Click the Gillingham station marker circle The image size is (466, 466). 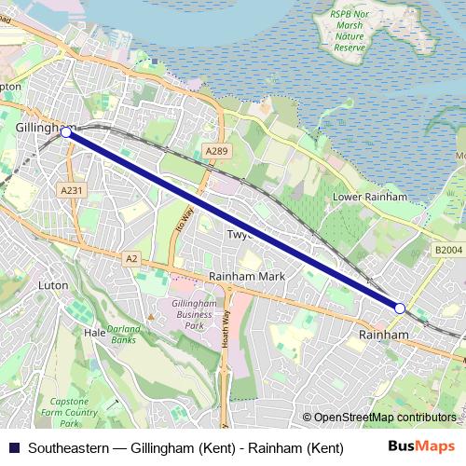(x=65, y=133)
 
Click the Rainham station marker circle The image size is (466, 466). (x=399, y=308)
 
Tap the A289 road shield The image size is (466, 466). (x=216, y=151)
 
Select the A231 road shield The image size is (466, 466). (x=72, y=190)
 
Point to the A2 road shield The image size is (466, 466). (x=131, y=258)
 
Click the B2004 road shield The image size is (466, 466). (x=447, y=250)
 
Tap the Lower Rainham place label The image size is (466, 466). (x=371, y=198)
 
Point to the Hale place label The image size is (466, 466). (x=94, y=332)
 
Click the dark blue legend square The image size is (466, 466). (x=12, y=448)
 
